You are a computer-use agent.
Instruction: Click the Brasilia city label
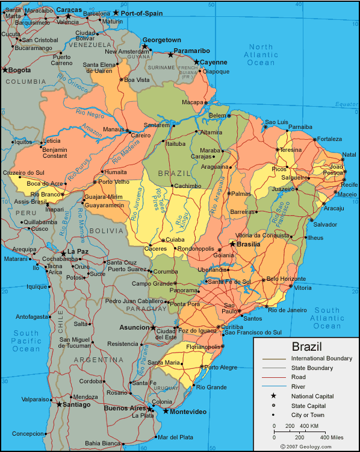coord(249,244)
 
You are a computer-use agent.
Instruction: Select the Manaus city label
coord(113,129)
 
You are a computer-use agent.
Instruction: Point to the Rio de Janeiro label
coord(287,310)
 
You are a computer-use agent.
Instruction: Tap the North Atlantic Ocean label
coord(261,55)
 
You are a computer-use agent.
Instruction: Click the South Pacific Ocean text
coord(26,341)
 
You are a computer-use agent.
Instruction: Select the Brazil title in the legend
coord(306,347)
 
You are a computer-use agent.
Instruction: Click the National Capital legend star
coord(273,396)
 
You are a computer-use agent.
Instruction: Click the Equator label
coord(347,104)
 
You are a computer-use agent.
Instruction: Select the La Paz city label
coord(78,251)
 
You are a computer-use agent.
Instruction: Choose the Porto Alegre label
coord(221,367)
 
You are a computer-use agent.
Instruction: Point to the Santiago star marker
coord(59,404)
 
